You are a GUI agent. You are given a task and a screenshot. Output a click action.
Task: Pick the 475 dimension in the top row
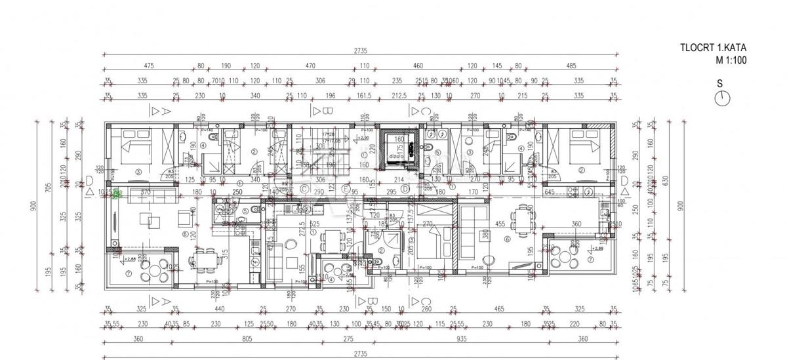pyautogui.click(x=148, y=66)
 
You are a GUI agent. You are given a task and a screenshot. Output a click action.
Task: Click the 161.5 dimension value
pyautogui.click(x=363, y=96)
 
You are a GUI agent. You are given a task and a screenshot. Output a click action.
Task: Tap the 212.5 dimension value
pyautogui.click(x=397, y=96)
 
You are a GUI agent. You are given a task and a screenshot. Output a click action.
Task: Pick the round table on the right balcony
pyautogui.click(x=563, y=256)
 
